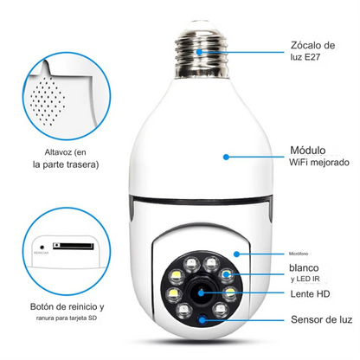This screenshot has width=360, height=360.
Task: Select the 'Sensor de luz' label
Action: tap(319, 320)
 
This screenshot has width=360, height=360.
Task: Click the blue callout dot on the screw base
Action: tap(201, 51)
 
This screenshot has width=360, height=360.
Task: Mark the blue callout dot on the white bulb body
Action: tap(226, 157)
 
